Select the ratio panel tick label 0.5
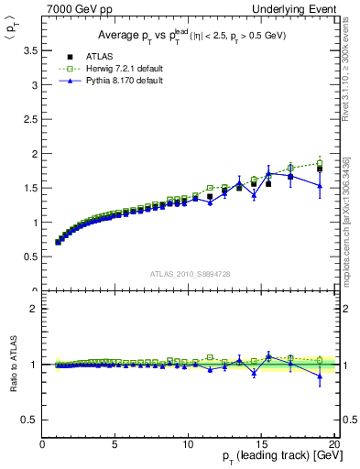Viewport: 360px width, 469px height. coord(29,420)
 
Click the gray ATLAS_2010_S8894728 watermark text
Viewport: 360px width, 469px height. coord(189,274)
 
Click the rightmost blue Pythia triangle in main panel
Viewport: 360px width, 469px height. coord(319,185)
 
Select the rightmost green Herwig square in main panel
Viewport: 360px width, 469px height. coord(319,164)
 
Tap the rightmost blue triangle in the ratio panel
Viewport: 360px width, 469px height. coord(319,376)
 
